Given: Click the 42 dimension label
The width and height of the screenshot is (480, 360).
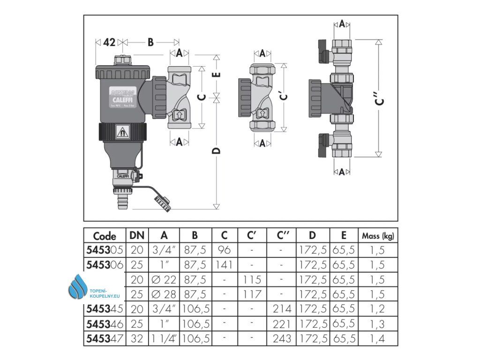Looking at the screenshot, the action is [x=109, y=43].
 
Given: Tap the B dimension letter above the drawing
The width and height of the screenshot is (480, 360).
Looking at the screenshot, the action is [x=150, y=43].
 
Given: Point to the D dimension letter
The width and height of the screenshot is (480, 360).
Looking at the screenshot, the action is [x=216, y=150].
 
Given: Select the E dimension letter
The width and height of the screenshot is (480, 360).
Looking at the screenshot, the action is [x=216, y=75].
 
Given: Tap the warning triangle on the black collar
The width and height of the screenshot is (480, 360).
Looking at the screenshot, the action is [x=123, y=132].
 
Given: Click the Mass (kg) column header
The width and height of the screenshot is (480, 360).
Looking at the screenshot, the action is [x=377, y=235].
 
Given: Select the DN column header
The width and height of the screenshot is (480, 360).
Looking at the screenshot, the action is [x=137, y=235].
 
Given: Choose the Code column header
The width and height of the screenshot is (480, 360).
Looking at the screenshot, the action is [x=105, y=235].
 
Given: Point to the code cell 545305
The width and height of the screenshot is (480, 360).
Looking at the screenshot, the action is [x=105, y=250].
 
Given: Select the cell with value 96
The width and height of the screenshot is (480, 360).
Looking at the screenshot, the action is [x=224, y=250].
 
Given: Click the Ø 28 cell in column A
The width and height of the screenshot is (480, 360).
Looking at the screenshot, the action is [x=164, y=294].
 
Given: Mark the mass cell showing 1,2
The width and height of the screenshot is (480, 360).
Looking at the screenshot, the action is [x=377, y=309].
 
